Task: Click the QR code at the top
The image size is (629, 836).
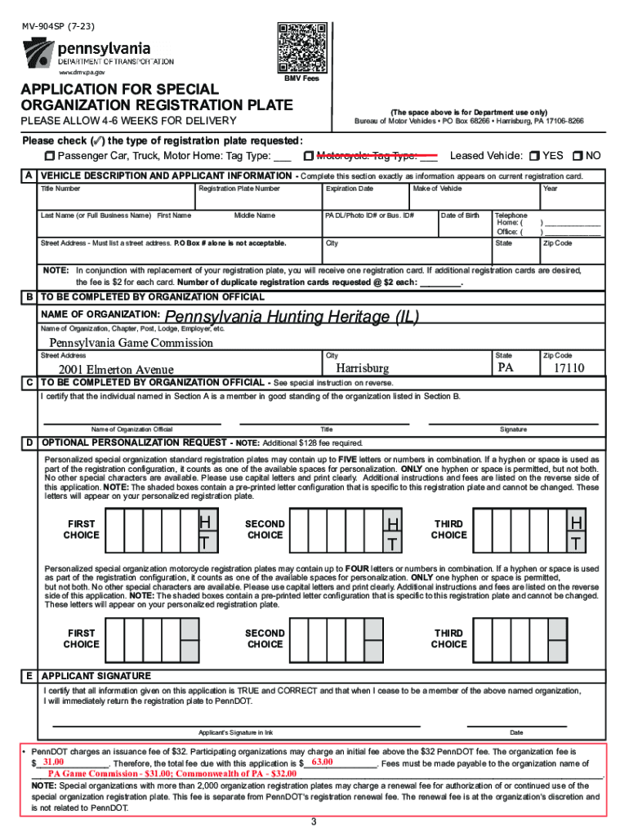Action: coord(301,48)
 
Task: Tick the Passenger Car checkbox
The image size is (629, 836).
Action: coord(50,156)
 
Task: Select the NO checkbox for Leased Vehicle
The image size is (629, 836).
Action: coord(578,156)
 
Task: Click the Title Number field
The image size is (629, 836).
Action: coord(114,198)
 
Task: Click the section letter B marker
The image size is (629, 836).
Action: coord(29,297)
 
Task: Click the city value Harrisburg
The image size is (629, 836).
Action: coord(363,369)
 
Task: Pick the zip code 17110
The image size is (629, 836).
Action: coord(569,369)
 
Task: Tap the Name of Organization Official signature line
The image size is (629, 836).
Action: coord(131,422)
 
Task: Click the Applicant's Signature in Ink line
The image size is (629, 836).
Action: coord(236,724)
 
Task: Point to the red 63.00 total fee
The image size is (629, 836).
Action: coord(323,763)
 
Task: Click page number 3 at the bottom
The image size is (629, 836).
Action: coord(314,821)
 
